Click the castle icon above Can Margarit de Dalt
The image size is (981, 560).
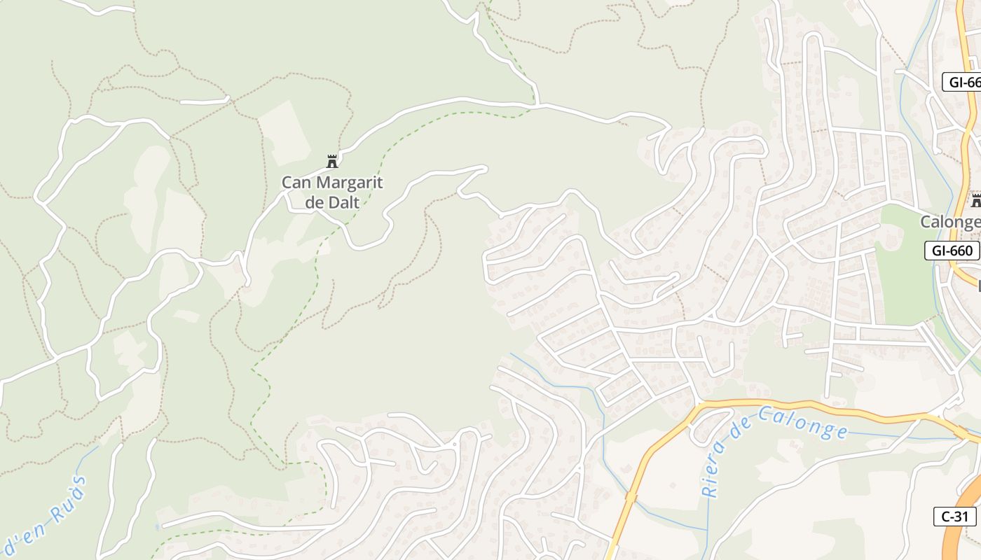(x=332, y=162)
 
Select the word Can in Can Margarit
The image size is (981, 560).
(x=297, y=183)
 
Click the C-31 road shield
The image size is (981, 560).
(x=954, y=517)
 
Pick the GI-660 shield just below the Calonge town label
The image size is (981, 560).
(x=952, y=251)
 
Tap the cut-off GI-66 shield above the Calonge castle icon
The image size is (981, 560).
(x=964, y=82)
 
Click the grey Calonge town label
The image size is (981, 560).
(x=950, y=222)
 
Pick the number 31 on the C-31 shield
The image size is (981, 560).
(x=962, y=517)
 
